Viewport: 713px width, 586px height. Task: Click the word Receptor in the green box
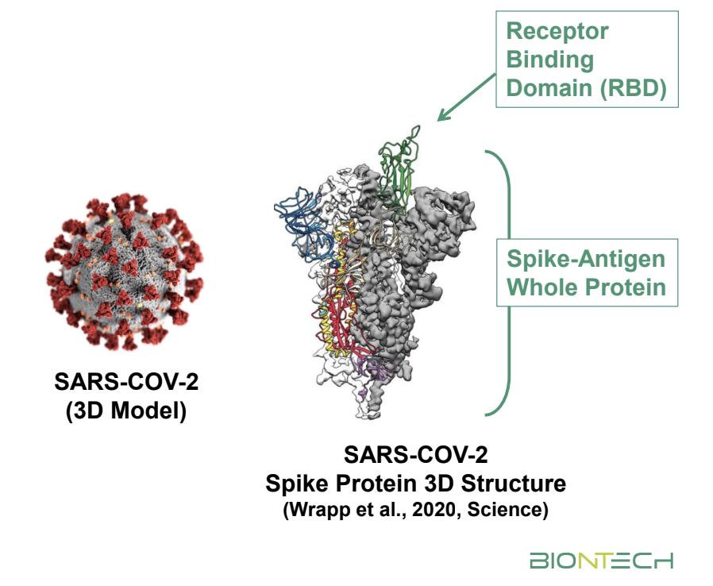tap(557, 32)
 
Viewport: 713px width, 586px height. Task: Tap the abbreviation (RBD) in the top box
tap(633, 88)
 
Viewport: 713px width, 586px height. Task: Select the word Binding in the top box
tap(549, 60)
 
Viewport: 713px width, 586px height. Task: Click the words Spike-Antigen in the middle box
tap(586, 259)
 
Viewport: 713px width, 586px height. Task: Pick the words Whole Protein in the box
tap(586, 287)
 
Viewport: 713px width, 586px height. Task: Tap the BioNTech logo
tap(601, 561)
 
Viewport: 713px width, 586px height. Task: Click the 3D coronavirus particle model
tap(125, 272)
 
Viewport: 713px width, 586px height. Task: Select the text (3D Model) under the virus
tap(126, 411)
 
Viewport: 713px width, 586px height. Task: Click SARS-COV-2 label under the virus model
tap(126, 382)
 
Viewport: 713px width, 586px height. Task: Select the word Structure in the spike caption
tap(514, 484)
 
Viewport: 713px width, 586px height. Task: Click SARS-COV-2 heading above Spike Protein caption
tap(415, 455)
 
